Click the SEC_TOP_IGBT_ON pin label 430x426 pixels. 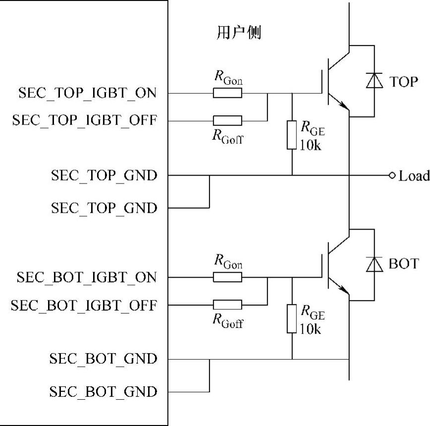tap(88, 93)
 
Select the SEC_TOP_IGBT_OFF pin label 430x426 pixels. tap(85, 121)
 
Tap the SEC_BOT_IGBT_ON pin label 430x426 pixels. tap(87, 277)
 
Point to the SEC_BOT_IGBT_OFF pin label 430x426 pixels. tap(84, 305)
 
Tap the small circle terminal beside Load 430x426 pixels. tap(392, 176)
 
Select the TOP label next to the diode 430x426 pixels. tap(403, 82)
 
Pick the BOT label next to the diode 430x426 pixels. tap(403, 264)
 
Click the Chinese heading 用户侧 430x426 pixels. tap(239, 33)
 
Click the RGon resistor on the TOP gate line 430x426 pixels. tap(227, 93)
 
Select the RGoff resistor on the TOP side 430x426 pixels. tap(227, 121)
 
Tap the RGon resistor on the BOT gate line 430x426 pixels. tap(227, 277)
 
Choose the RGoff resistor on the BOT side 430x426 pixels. tap(227, 304)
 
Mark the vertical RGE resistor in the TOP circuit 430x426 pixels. tap(292, 134)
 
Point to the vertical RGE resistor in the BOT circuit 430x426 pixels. tap(292, 318)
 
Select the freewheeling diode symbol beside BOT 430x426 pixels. tap(374, 264)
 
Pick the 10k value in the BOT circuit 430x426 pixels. tap(311, 328)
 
